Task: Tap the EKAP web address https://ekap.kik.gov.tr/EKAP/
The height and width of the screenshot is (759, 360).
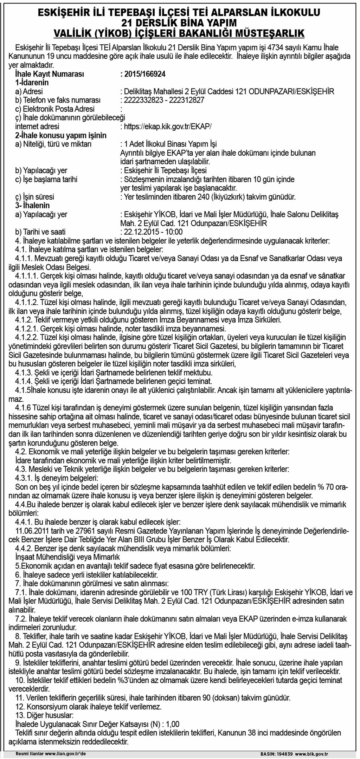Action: (x=168, y=126)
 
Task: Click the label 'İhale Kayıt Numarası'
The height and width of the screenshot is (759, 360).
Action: (x=50, y=74)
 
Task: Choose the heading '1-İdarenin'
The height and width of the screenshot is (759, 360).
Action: (x=32, y=83)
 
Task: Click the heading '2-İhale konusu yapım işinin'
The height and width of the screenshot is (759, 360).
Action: (x=60, y=136)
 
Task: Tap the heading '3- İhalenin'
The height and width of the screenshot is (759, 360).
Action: (x=32, y=206)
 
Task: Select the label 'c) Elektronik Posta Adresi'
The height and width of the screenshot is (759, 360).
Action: (x=55, y=109)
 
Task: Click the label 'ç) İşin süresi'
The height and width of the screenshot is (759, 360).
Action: (x=34, y=197)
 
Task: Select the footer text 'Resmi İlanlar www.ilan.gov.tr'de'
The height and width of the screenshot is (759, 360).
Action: (x=51, y=754)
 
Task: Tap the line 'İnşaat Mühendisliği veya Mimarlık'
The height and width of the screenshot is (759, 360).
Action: (x=67, y=557)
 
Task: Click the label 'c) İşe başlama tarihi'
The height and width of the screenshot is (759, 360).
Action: (x=46, y=179)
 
